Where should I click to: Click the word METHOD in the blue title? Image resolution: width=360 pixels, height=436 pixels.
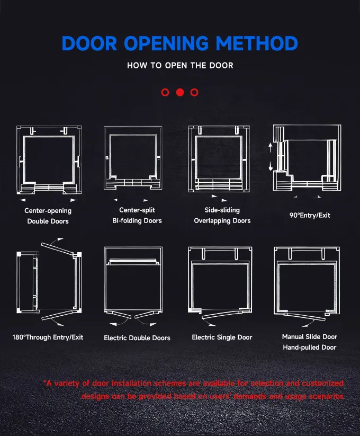[x=257, y=43]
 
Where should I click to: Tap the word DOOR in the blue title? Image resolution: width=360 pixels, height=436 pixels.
[x=89, y=43]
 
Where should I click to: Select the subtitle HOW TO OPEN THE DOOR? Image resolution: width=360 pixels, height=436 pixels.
[x=180, y=66]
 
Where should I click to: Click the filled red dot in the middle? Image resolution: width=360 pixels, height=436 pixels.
[x=180, y=92]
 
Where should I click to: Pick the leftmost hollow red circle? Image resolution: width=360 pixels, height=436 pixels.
[x=165, y=92]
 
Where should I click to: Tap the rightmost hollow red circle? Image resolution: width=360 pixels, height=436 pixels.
[x=194, y=92]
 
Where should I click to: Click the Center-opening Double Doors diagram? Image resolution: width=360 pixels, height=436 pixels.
[x=49, y=160]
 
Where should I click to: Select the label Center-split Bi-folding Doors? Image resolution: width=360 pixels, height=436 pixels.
[x=137, y=215]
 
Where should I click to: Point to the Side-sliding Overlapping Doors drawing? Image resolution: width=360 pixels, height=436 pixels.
[x=219, y=159]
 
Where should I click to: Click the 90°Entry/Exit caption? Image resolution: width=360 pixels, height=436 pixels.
[x=310, y=216]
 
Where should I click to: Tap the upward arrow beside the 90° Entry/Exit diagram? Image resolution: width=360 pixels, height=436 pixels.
[x=271, y=147]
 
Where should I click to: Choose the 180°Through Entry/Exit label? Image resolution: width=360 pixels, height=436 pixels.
[x=48, y=337]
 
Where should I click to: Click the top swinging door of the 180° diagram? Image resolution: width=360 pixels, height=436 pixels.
[x=57, y=248]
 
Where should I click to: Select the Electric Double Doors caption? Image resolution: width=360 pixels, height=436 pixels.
[x=137, y=338]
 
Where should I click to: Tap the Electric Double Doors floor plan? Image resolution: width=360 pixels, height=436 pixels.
[x=133, y=282]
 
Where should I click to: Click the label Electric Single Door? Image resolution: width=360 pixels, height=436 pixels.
[x=222, y=337]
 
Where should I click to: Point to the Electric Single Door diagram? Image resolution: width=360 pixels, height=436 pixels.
[x=220, y=282]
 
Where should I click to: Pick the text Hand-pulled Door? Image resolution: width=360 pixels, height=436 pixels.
[x=310, y=348]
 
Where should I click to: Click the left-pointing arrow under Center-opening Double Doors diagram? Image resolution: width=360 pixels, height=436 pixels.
[x=22, y=200]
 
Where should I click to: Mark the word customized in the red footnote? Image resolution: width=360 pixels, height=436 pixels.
[x=323, y=384]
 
